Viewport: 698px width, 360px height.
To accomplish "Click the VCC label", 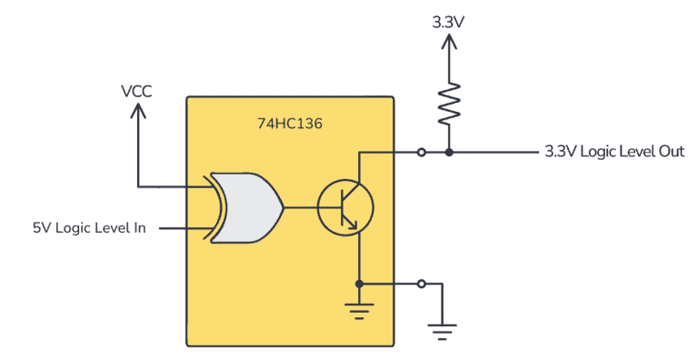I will pyautogui.click(x=138, y=91).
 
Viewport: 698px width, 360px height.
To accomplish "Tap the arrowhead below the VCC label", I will pyautogui.click(x=138, y=110).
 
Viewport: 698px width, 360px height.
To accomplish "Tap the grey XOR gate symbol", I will pyautogui.click(x=244, y=207).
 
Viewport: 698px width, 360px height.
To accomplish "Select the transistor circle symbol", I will pyautogui.click(x=345, y=207).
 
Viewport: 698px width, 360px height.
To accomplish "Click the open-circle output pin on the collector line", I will pyautogui.click(x=421, y=152).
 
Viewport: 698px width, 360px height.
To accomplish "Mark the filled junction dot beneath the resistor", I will pyautogui.click(x=449, y=152).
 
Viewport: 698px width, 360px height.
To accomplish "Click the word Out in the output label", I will pyautogui.click(x=669, y=152).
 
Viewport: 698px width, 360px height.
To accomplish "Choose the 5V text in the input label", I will pyautogui.click(x=43, y=227).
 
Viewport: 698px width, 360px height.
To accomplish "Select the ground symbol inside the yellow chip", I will pyautogui.click(x=360, y=313).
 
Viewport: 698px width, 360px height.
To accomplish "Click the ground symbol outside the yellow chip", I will pyautogui.click(x=441, y=331).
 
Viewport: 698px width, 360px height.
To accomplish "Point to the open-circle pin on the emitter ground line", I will pyautogui.click(x=421, y=284).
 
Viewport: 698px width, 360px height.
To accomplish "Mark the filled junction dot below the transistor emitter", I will pyautogui.click(x=360, y=284).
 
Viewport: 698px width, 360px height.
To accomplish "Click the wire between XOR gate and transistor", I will pyautogui.click(x=300, y=207).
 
